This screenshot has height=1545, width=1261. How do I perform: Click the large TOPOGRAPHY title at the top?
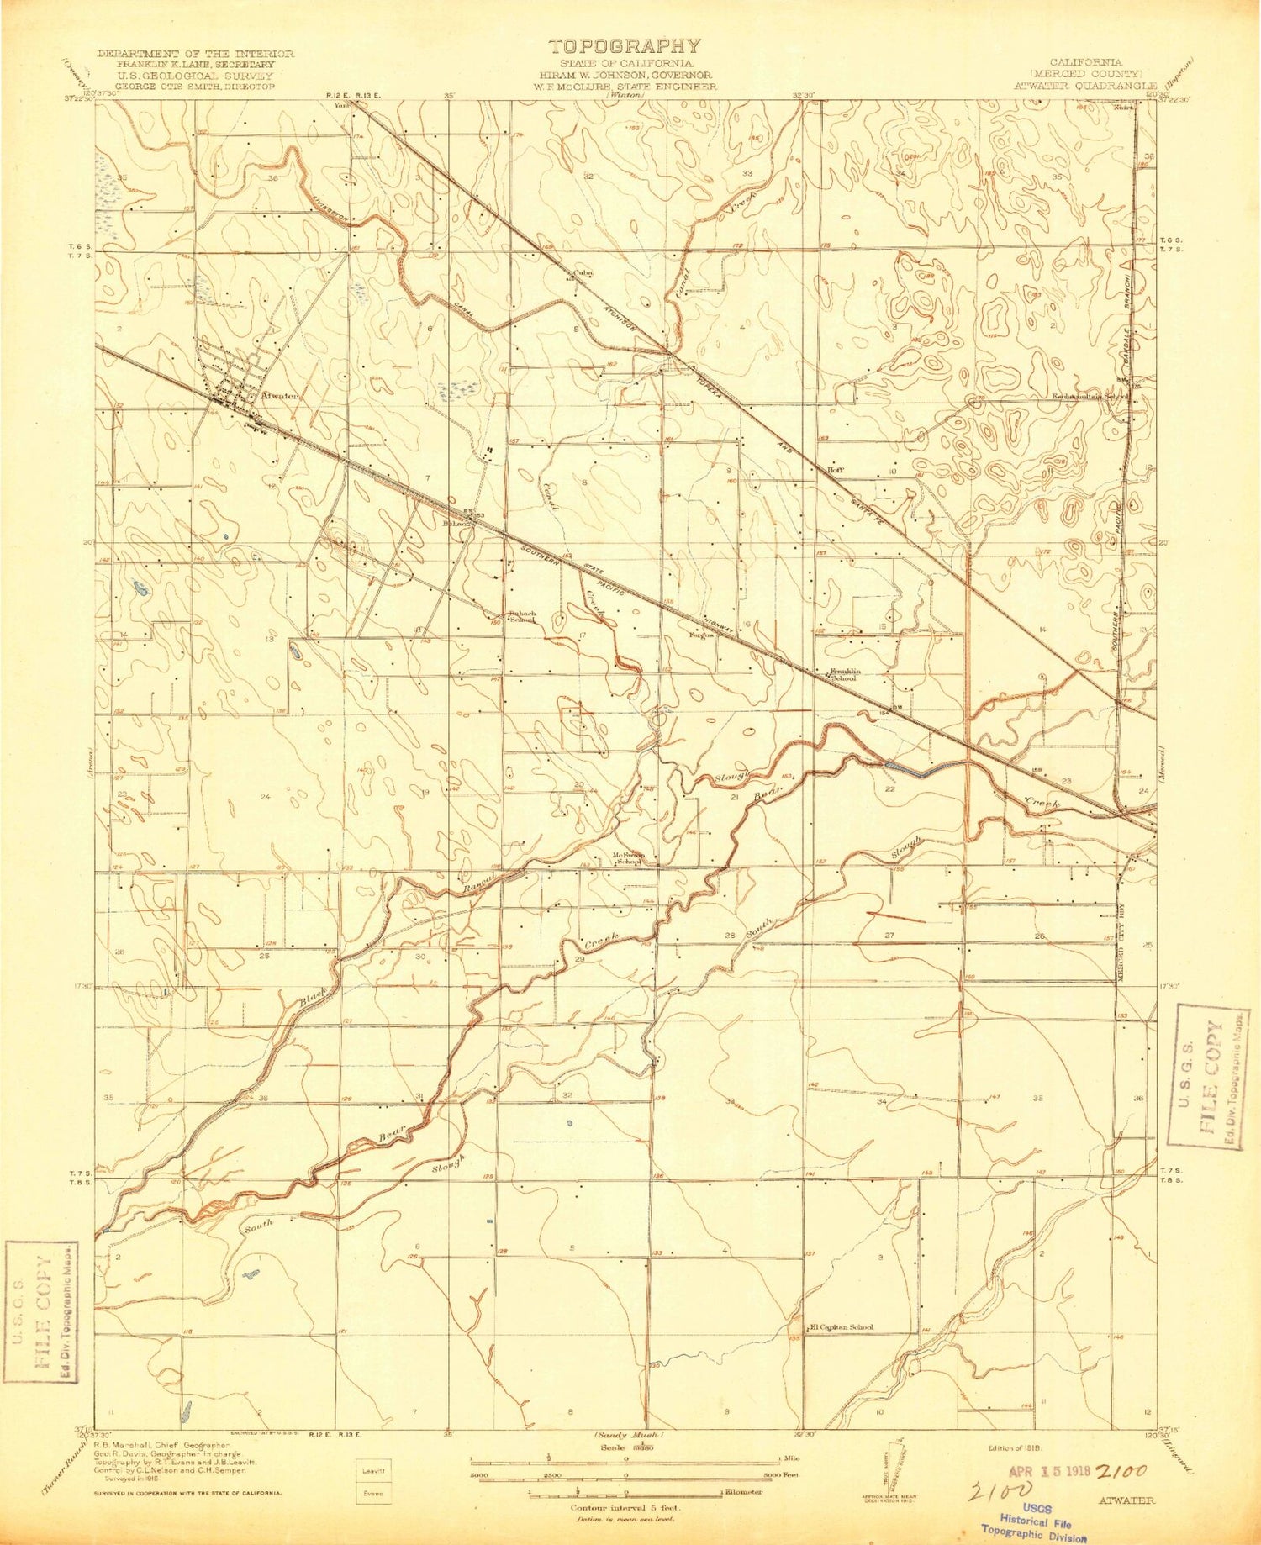click(x=624, y=46)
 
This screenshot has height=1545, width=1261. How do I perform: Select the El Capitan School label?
click(x=841, y=1327)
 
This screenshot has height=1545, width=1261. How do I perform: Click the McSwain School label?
click(x=628, y=859)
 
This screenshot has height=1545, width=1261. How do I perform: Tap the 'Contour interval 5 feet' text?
click(x=625, y=1507)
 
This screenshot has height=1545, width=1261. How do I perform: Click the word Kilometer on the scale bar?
click(x=744, y=1492)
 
